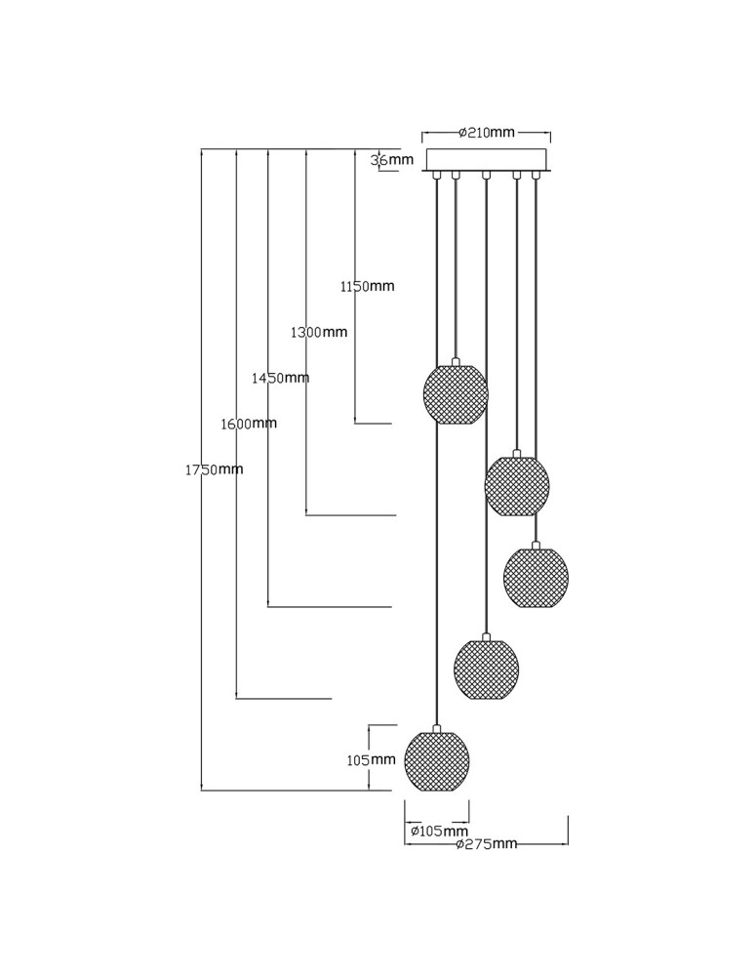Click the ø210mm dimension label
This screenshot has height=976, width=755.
[x=486, y=133]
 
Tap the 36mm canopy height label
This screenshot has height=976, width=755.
[x=394, y=160]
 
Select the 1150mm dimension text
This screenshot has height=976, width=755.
[x=367, y=287]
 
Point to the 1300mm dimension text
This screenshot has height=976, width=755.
[x=319, y=332]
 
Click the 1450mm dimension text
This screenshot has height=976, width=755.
[x=280, y=378]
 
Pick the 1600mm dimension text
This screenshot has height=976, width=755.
[x=249, y=424]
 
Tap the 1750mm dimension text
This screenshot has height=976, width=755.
[x=214, y=469]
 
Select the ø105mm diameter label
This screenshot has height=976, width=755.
[x=439, y=832]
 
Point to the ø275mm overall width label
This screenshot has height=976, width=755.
[x=487, y=844]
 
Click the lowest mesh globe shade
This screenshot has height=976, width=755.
[x=437, y=761]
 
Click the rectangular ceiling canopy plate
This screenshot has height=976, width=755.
[x=486, y=160]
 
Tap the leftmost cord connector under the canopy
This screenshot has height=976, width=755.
[x=437, y=177]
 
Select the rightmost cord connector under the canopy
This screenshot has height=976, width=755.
[x=535, y=177]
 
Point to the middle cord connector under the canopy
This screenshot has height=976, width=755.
[x=486, y=177]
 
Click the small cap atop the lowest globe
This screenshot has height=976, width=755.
[x=437, y=727]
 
